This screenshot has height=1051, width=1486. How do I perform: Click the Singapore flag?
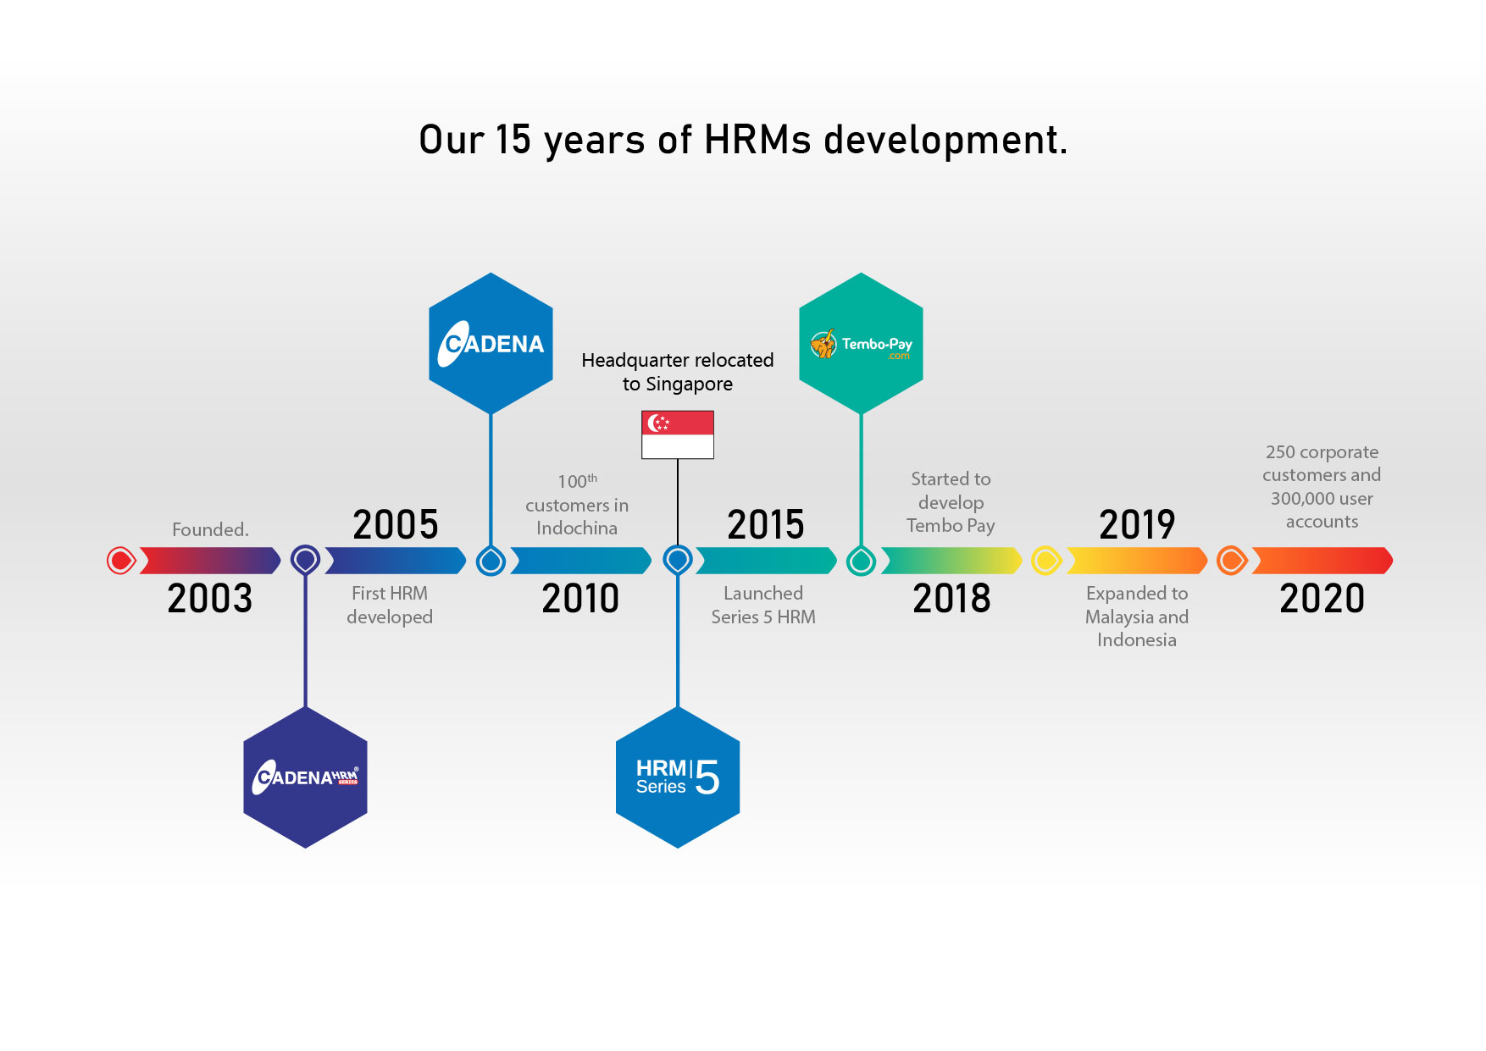(x=678, y=434)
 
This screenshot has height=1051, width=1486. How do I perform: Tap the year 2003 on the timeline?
(x=210, y=599)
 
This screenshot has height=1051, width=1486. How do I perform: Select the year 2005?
(x=396, y=525)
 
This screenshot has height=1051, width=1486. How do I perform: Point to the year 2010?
(x=580, y=599)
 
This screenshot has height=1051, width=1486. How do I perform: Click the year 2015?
(x=766, y=525)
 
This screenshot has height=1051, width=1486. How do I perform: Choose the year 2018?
(x=951, y=599)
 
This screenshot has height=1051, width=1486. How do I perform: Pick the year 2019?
(x=1137, y=525)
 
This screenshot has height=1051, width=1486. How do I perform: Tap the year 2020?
(x=1322, y=599)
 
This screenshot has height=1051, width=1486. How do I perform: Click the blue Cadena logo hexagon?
(x=491, y=343)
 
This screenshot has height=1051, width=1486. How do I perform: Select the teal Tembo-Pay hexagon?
(x=861, y=343)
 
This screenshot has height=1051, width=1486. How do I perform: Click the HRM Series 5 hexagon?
(x=678, y=777)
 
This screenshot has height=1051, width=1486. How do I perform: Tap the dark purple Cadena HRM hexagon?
(x=306, y=777)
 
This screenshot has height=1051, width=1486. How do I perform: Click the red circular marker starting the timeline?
(x=121, y=561)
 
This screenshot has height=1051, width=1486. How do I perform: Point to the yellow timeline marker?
(x=1046, y=561)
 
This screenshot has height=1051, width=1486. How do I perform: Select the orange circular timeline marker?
(x=1232, y=561)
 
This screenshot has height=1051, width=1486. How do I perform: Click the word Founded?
(x=210, y=529)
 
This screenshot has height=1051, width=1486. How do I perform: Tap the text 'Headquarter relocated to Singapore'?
(x=678, y=372)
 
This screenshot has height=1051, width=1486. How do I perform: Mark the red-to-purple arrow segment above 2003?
(x=209, y=561)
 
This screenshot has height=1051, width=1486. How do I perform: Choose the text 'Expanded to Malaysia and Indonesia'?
(x=1137, y=617)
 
